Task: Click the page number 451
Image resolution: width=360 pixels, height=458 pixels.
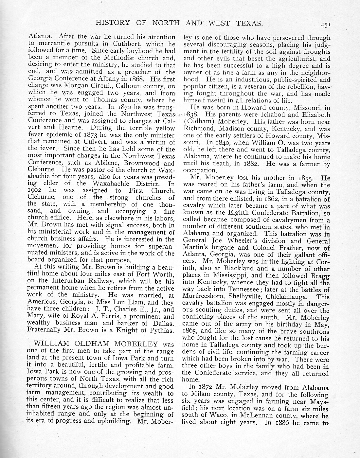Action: tap(327, 24)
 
